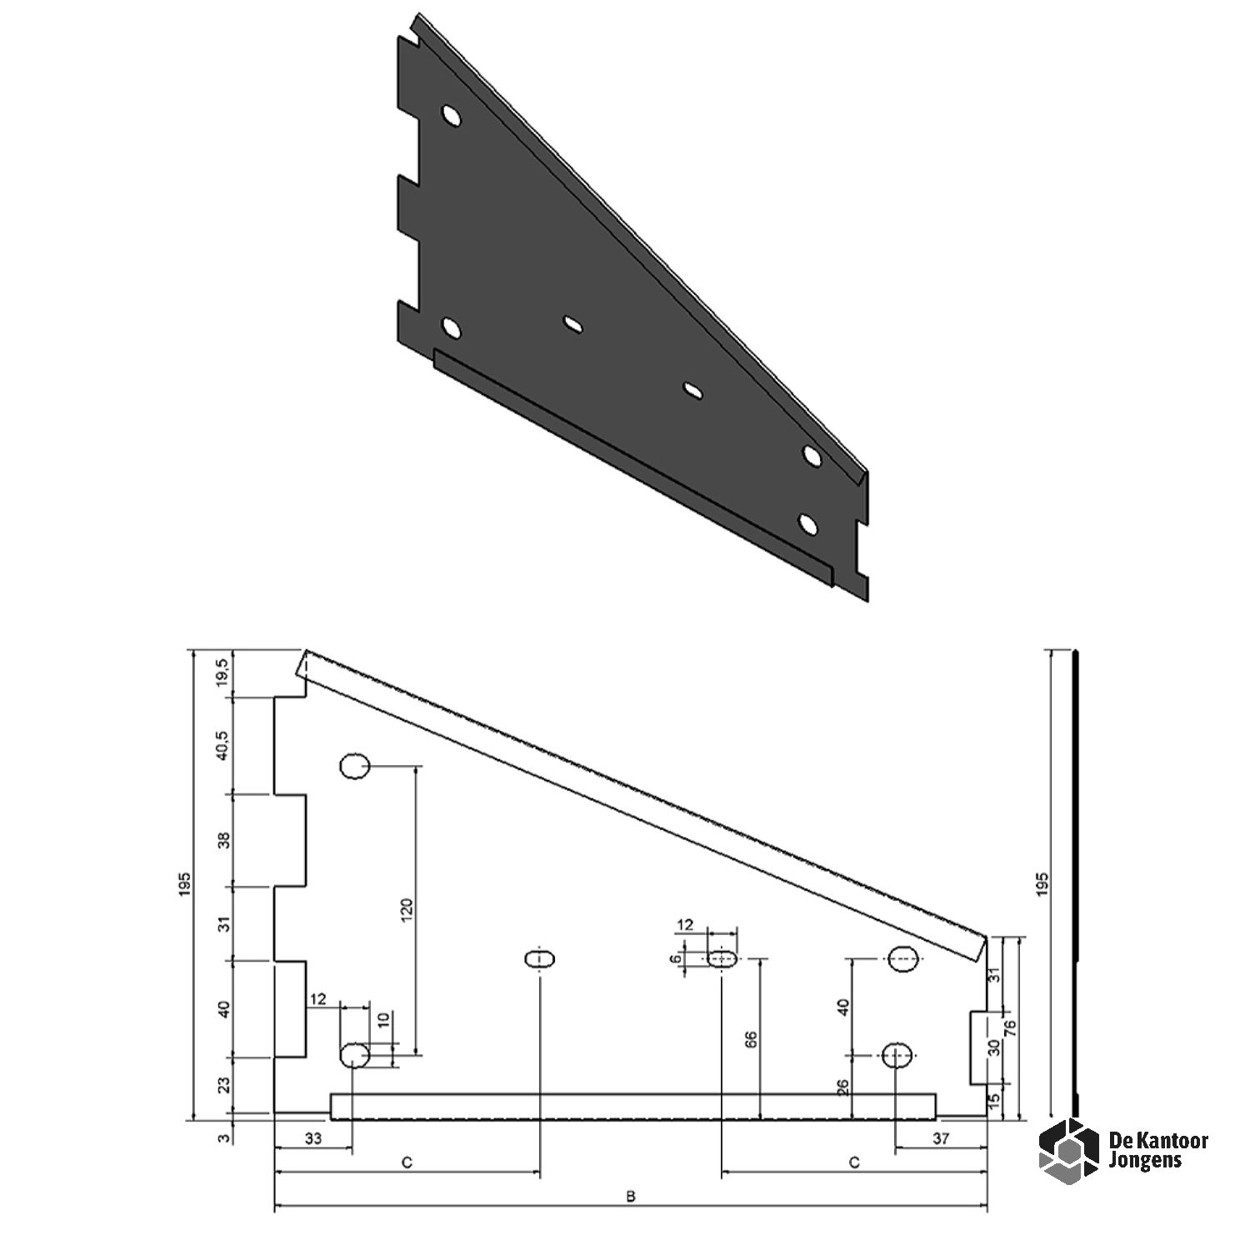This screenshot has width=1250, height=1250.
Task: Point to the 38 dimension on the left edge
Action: [x=221, y=841]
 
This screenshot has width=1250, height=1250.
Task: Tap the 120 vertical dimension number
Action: [x=408, y=911]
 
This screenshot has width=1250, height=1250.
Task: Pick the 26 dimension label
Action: [x=843, y=1087]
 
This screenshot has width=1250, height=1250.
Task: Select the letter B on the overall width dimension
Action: [x=631, y=1197]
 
